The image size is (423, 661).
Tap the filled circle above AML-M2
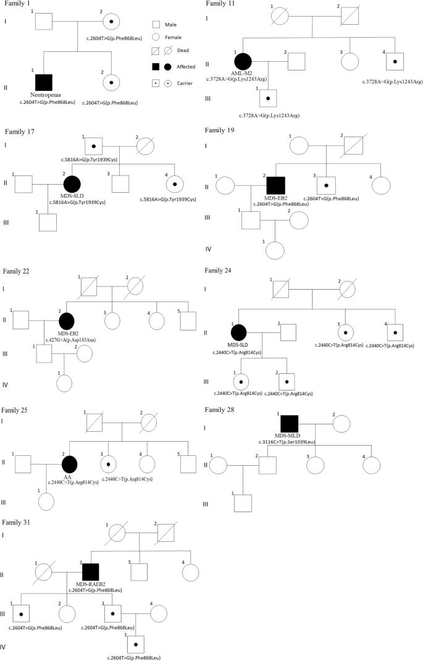pyautogui.click(x=243, y=61)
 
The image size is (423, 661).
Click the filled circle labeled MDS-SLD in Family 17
pyautogui.click(x=72, y=183)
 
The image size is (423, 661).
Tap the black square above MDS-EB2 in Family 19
pyautogui.click(x=275, y=184)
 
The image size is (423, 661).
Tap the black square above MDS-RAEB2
pyautogui.click(x=91, y=572)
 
